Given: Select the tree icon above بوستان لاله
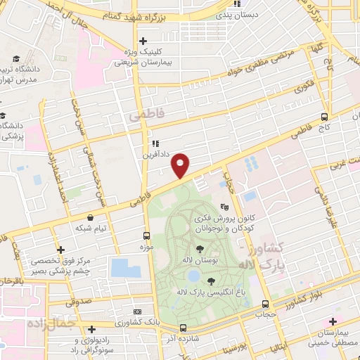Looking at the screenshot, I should (x=201, y=249).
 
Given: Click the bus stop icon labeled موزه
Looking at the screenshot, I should (x=147, y=236).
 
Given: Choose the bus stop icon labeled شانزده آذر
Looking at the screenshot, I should (x=183, y=328).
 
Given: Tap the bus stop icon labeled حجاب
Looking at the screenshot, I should (x=265, y=304).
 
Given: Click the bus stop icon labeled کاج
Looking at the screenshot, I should (x=324, y=117).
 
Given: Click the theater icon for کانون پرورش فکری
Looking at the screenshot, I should (x=224, y=207).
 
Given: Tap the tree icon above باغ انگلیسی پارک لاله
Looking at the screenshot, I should (x=211, y=281).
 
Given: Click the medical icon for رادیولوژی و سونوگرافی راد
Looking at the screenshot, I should (x=92, y=329).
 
